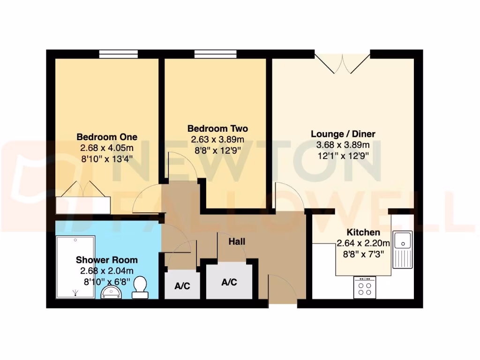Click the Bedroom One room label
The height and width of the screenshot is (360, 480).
[x=107, y=137]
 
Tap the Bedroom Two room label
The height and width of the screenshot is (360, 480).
[x=217, y=128]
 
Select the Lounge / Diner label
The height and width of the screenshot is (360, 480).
[x=343, y=134]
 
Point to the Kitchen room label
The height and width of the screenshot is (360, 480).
[x=363, y=232]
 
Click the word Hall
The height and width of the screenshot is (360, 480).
[x=237, y=242]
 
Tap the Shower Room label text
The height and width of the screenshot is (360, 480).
[x=107, y=260]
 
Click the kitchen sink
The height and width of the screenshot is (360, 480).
[x=402, y=248]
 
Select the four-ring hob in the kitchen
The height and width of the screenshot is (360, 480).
[x=365, y=287]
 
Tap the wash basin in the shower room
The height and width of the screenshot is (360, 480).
[x=112, y=292]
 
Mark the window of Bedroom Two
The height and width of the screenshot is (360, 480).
[x=216, y=54]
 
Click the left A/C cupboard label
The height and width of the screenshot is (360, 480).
[x=182, y=286]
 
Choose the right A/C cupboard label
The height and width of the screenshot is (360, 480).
[x=229, y=282]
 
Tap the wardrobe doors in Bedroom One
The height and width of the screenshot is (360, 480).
[x=83, y=190]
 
